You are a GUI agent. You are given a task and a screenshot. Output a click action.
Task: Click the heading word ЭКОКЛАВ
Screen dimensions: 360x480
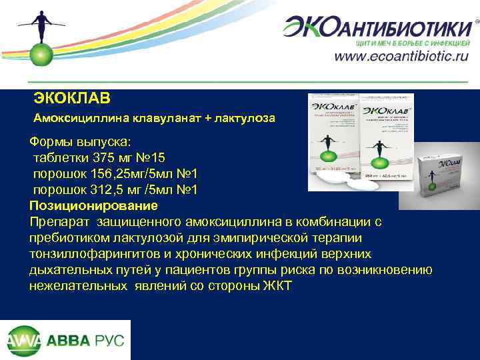tap(72, 98)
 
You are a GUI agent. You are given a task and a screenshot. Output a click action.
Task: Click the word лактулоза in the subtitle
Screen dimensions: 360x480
tap(245, 118)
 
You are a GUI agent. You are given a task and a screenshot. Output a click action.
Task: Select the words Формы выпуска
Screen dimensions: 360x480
tap(80, 142)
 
